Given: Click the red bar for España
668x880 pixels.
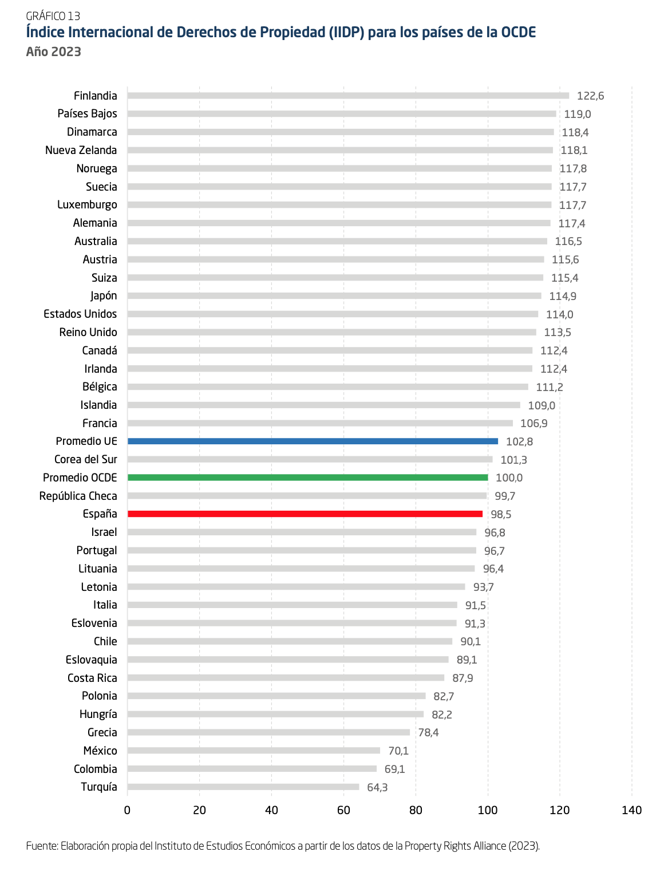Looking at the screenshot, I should point(305,514).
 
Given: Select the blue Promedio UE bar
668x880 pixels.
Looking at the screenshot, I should point(313,441).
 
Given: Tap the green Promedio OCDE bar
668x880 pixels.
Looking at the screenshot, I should point(307,478).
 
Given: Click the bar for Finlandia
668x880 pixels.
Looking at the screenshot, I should point(348,96).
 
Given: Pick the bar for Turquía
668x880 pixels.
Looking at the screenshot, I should point(243,787).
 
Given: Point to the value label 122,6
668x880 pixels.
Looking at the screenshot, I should point(590,96).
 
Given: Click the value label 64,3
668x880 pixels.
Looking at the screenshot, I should point(377,788).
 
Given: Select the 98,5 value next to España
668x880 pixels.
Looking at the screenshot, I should point(501,515).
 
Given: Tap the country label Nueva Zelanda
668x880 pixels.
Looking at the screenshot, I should point(81,150).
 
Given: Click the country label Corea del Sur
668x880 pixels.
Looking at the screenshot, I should point(85,460).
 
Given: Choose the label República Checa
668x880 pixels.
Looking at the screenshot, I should point(78,496).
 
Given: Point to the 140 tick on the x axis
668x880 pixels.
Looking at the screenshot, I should point(631,810).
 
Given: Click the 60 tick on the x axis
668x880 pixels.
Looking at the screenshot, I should point(343,810).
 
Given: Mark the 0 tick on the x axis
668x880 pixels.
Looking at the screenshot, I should point(127,810).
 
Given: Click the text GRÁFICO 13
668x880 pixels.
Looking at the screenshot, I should point(53,16).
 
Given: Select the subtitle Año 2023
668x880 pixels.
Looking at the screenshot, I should point(53,52).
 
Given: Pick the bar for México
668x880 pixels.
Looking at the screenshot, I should point(254,751).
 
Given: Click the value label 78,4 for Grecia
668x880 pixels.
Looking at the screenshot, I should point(428,733).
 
